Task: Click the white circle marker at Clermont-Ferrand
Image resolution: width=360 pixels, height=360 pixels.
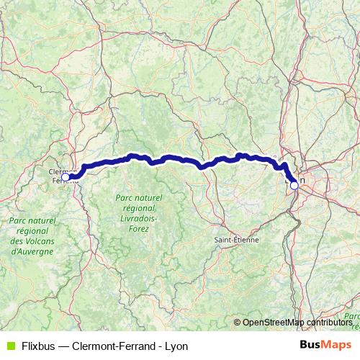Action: [x=66, y=176]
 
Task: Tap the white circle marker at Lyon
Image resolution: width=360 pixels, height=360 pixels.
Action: [x=294, y=185]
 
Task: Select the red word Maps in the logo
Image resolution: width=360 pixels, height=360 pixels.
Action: [x=337, y=346]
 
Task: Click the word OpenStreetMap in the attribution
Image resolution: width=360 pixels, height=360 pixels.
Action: [x=274, y=323]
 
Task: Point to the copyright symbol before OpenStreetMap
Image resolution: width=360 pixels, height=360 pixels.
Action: [x=238, y=323]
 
